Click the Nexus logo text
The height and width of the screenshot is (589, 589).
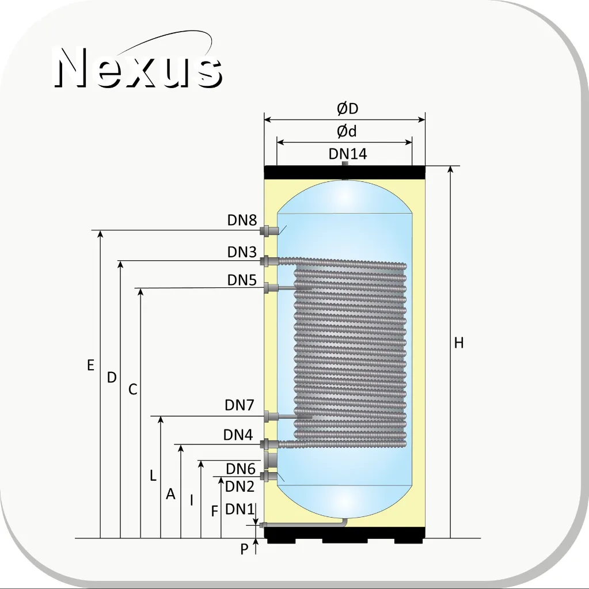(138, 67)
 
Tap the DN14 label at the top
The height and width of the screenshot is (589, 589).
(347, 154)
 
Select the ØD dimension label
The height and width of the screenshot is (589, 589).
(347, 109)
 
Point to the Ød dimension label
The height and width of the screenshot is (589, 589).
(347, 131)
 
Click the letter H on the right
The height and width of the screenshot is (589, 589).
(459, 343)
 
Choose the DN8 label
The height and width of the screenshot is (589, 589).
(242, 220)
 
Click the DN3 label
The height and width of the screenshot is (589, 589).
(242, 252)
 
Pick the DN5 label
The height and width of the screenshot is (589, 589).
(242, 280)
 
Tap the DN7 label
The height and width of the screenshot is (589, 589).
(240, 405)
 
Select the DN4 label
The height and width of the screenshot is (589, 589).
(238, 435)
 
